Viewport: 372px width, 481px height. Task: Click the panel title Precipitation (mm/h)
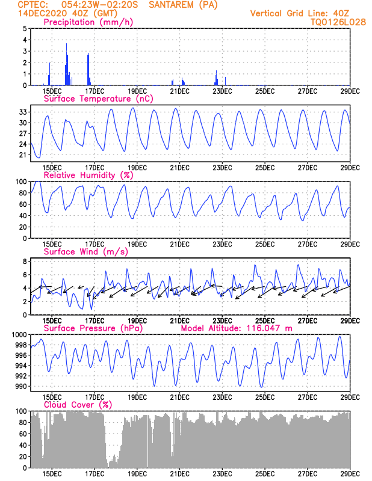pyautogui.click(x=88, y=22)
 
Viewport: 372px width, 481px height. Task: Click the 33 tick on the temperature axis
pyautogui.click(x=22, y=112)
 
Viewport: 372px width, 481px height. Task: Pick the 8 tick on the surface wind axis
pyautogui.click(x=24, y=262)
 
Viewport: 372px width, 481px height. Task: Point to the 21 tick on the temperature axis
pyautogui.click(x=22, y=155)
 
